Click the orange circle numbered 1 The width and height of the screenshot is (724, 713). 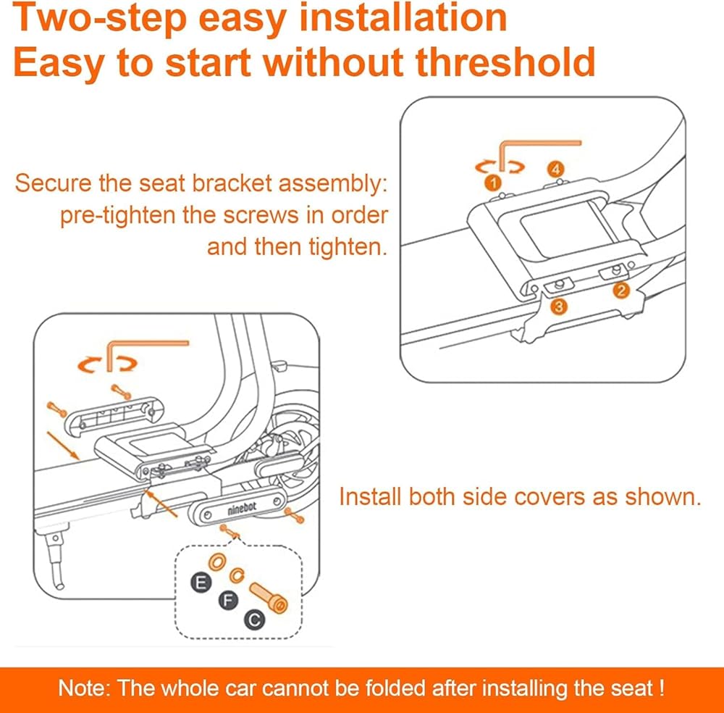(x=493, y=183)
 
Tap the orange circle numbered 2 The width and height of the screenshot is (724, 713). (x=621, y=291)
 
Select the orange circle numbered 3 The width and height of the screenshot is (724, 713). (x=559, y=307)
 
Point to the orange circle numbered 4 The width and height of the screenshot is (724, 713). (x=556, y=169)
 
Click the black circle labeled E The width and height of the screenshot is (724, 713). (x=201, y=583)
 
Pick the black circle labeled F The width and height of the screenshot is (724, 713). (x=227, y=600)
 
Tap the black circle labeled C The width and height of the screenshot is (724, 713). (x=255, y=620)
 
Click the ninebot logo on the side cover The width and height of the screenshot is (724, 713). (x=242, y=509)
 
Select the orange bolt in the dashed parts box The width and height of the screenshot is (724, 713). (x=269, y=598)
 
